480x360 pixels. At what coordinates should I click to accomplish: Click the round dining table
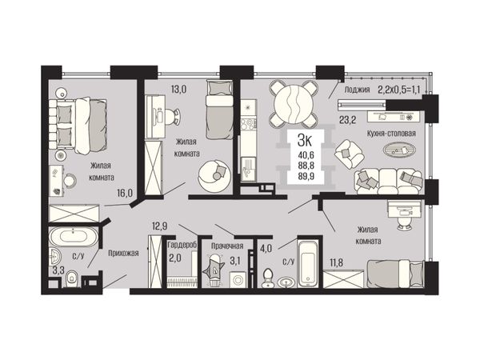(x=294, y=103)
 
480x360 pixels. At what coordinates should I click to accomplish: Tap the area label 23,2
(x=347, y=120)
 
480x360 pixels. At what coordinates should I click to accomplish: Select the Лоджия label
(x=357, y=90)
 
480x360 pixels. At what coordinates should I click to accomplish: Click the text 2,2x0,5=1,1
(x=398, y=90)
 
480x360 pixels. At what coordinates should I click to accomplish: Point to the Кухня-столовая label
(x=391, y=134)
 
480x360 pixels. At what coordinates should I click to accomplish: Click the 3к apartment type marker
(x=304, y=141)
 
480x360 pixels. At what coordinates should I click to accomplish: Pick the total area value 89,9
(x=306, y=176)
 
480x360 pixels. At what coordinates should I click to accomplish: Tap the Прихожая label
(x=123, y=253)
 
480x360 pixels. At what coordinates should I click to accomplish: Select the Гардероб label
(x=182, y=246)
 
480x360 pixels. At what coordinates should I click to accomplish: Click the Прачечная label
(x=227, y=246)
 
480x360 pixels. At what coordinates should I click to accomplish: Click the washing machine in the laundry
(x=238, y=279)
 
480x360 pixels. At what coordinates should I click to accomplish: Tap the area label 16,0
(x=125, y=193)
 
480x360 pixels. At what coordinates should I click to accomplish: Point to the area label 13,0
(x=178, y=90)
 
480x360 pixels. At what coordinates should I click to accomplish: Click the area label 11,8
(x=336, y=262)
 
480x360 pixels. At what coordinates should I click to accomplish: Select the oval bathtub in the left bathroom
(x=74, y=237)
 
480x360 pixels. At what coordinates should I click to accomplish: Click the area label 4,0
(x=266, y=248)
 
